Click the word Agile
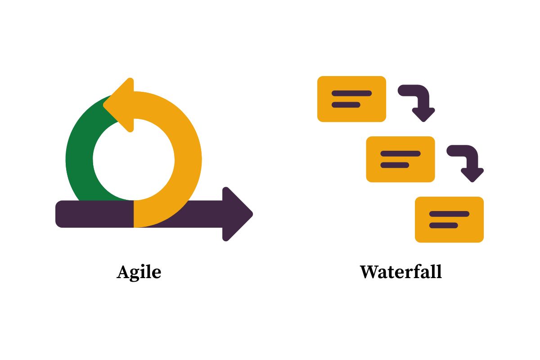point(139,272)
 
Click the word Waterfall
point(400,272)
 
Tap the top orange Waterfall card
point(351,99)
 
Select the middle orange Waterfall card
point(400,159)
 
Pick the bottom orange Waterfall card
point(450,220)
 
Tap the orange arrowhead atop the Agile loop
point(119,105)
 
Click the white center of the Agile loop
point(134,159)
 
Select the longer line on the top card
point(352,93)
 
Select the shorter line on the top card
point(346,105)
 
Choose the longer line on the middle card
point(400,153)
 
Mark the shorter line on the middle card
point(395,165)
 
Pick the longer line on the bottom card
point(450,214)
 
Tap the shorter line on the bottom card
point(444,225)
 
